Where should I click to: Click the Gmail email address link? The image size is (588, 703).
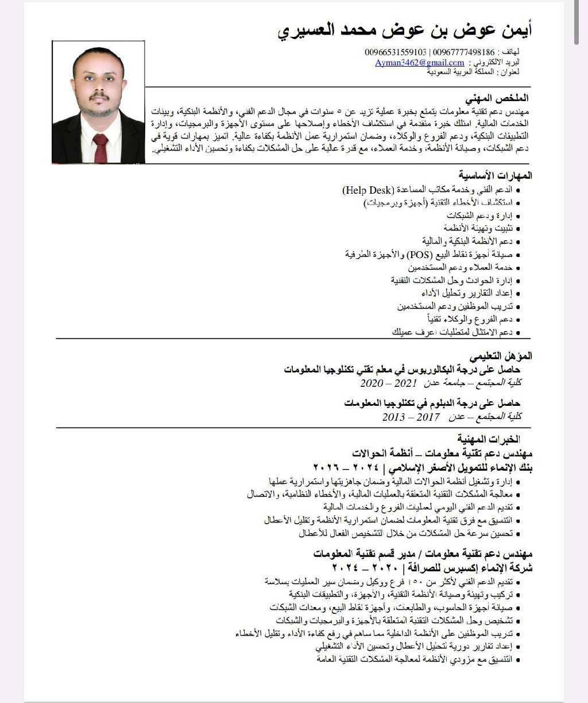pos(420,63)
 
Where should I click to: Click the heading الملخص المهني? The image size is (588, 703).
pos(503,98)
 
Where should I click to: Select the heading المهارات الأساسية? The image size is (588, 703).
pos(495,175)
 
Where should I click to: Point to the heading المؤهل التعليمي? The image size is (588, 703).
pos(500,356)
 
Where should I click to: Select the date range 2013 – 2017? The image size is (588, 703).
pos(411,417)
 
